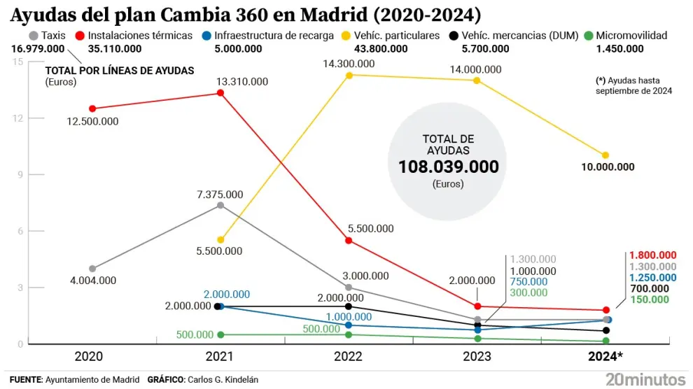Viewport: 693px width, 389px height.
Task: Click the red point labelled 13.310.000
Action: (x=220, y=93)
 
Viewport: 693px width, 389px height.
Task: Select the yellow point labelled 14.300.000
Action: (x=349, y=75)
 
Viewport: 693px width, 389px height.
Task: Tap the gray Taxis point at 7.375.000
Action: (x=220, y=205)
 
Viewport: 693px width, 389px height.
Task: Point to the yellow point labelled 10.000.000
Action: (x=605, y=155)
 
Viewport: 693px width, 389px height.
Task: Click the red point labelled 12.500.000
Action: (x=92, y=108)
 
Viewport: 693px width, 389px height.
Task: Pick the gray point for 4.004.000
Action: (x=92, y=268)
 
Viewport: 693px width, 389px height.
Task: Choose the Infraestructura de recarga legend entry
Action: (x=269, y=35)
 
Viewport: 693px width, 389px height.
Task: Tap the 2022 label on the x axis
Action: (x=348, y=357)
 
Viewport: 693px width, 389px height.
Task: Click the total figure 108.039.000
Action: (x=449, y=167)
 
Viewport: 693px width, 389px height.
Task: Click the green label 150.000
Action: (x=650, y=299)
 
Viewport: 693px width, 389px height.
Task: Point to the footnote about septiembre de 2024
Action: (x=633, y=85)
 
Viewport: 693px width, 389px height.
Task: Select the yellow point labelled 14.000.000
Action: (x=477, y=80)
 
